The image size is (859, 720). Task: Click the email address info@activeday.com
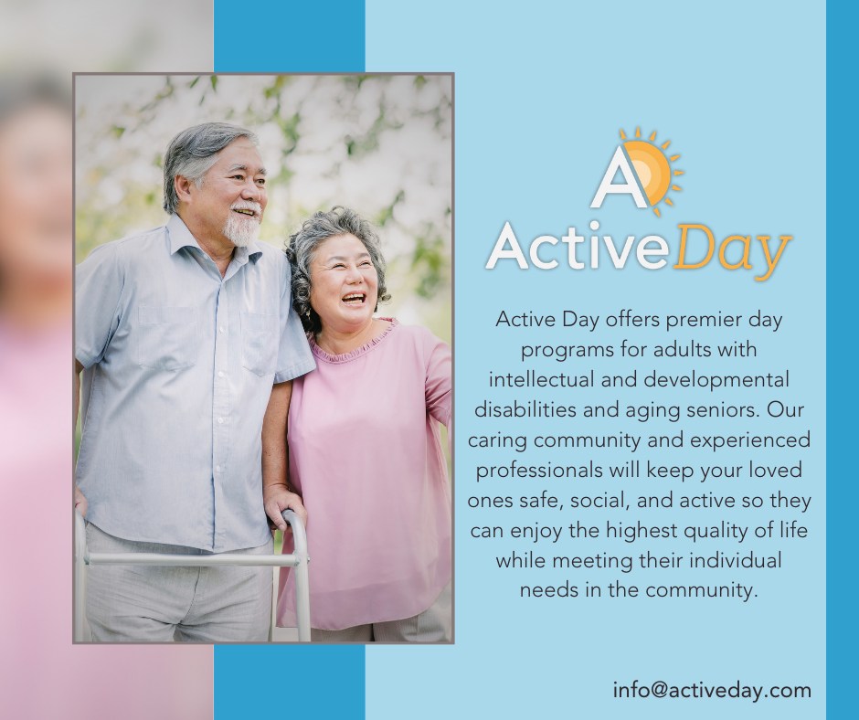712,691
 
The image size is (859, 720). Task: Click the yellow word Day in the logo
731,251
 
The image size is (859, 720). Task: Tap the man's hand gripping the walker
281,504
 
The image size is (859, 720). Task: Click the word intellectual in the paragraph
541,379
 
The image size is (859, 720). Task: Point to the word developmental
716,380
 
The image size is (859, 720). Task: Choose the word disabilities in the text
525,409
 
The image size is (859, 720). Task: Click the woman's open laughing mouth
354,299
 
